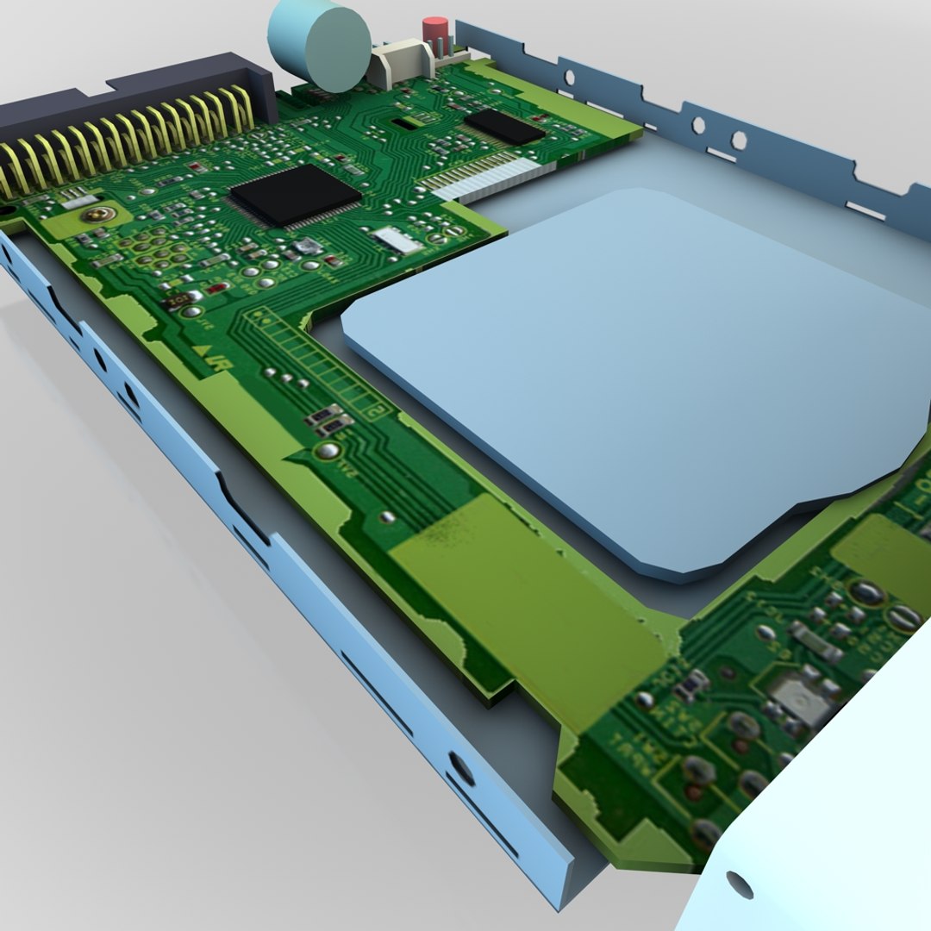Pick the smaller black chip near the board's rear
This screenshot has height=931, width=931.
click(x=504, y=126)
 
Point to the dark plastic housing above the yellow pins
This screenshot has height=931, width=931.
click(x=129, y=95)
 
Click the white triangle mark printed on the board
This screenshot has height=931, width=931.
click(x=201, y=351)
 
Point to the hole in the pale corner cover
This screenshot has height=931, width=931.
click(x=739, y=884)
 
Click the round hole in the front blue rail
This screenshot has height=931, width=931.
click(x=462, y=768)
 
